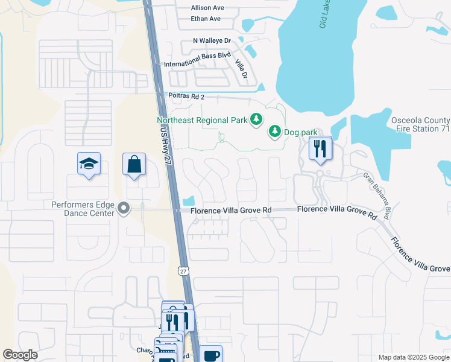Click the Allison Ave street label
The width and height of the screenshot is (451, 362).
[x=207, y=8]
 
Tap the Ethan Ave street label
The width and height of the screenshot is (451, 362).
[x=206, y=19]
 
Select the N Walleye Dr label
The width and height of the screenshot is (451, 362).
[x=212, y=40]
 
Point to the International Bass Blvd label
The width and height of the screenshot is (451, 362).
[x=198, y=63]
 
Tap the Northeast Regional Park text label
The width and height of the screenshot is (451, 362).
[x=201, y=120]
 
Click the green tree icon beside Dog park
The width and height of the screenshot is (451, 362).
[x=274, y=130]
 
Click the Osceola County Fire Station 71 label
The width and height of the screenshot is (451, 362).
[x=420, y=124]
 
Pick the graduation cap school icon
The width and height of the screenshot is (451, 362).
[x=89, y=164]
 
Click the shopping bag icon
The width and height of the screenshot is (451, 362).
[x=133, y=164]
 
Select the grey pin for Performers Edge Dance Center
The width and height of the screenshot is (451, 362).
[x=124, y=209]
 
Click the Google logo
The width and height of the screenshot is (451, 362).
[x=20, y=355]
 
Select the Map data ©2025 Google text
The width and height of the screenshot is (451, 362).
[x=413, y=357]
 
